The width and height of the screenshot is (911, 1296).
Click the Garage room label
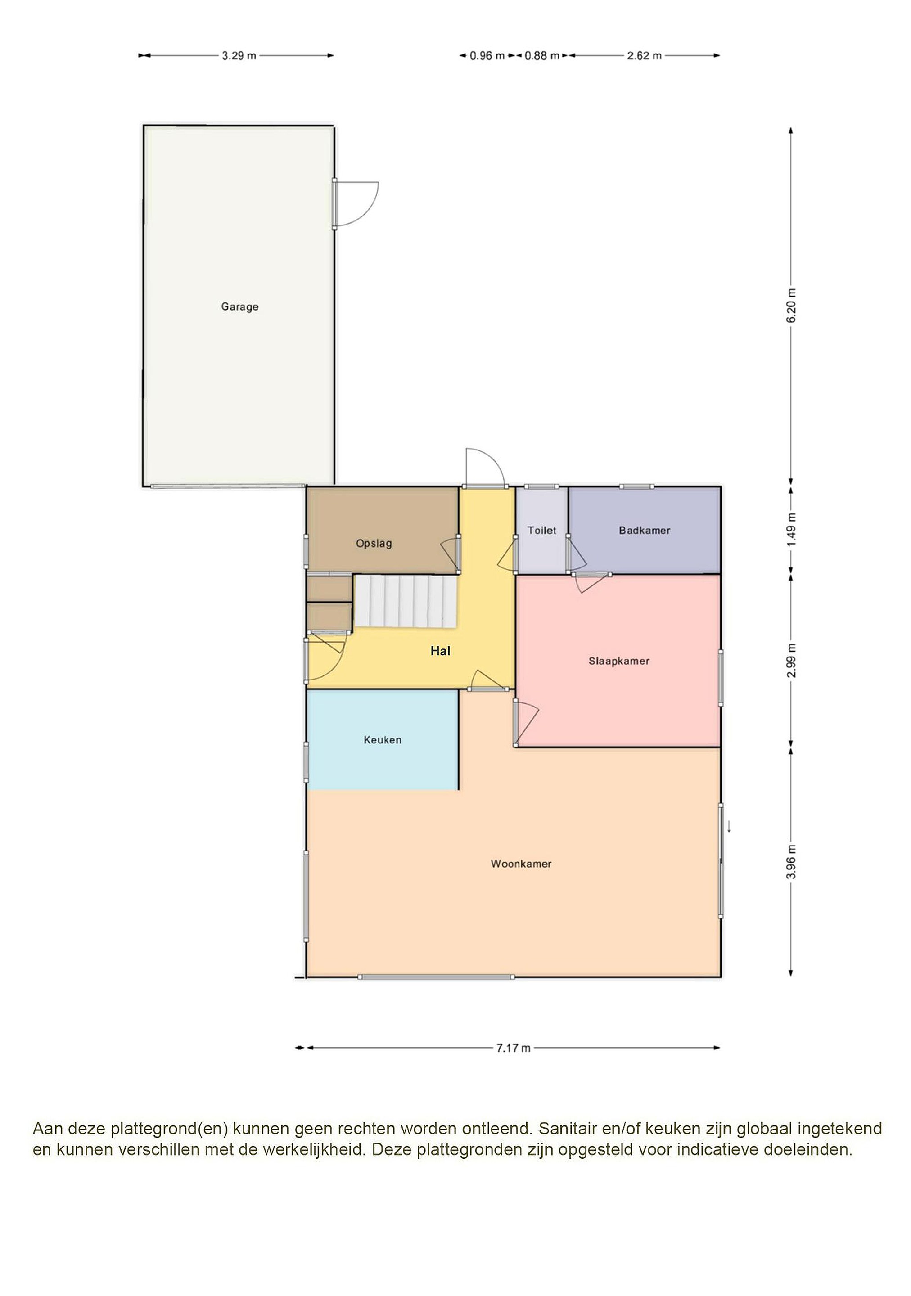point(239,306)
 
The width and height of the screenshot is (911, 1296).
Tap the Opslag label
point(374,544)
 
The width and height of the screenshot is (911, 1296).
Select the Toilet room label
point(542,530)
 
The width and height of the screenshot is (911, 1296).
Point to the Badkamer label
point(645,530)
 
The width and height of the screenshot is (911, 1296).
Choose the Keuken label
point(383,740)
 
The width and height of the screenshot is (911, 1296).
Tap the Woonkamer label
point(521,864)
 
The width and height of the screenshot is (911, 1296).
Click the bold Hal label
point(440,651)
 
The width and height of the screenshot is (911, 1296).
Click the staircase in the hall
point(405,601)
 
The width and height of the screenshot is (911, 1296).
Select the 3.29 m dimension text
point(239,55)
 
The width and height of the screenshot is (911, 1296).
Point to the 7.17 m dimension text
point(513,1048)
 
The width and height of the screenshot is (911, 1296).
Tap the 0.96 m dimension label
point(487,55)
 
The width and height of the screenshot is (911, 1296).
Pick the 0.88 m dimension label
point(542,55)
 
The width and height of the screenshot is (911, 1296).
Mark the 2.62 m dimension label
point(644,55)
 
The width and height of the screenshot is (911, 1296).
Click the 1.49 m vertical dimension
point(791,529)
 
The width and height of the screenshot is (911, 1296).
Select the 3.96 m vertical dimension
point(791,861)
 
